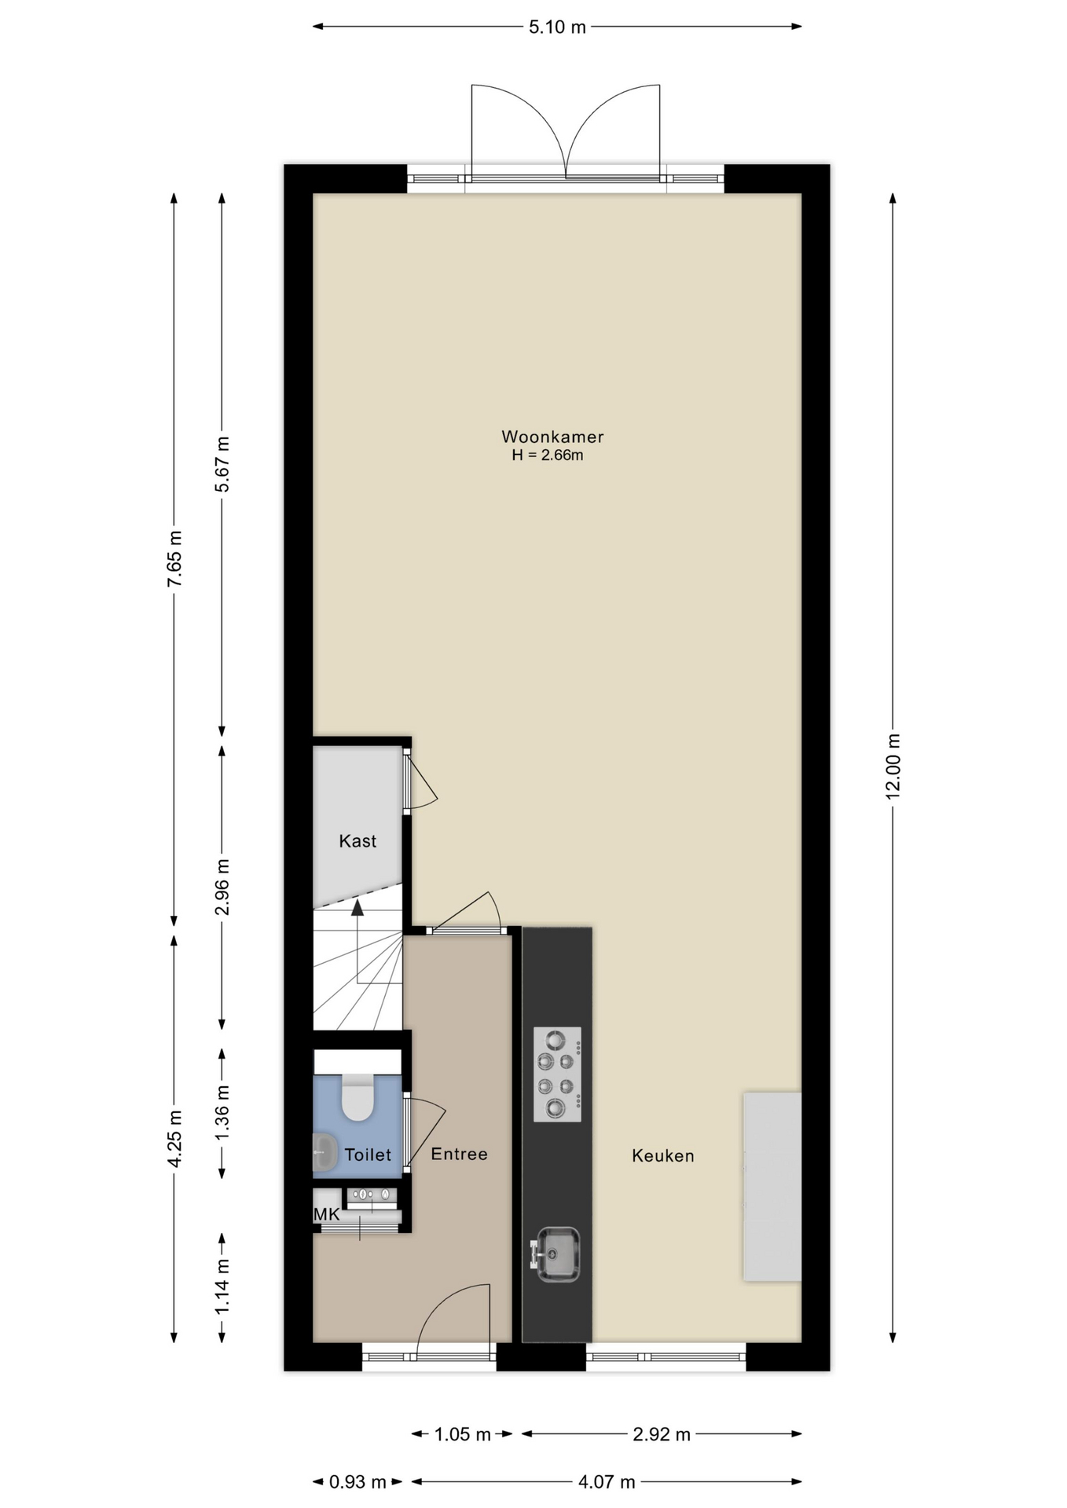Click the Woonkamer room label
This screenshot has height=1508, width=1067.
(552, 437)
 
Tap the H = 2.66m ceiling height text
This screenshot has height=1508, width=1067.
(548, 456)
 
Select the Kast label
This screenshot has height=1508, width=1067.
(357, 841)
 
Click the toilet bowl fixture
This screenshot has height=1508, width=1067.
(357, 1096)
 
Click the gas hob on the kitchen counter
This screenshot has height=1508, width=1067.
(557, 1074)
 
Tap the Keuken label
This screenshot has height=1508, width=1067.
(663, 1156)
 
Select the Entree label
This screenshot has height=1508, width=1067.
(460, 1155)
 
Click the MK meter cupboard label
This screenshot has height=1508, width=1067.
(327, 1215)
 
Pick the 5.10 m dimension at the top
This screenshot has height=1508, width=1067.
(557, 27)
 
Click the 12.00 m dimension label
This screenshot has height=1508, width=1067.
(893, 767)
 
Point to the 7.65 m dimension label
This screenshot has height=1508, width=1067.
(174, 558)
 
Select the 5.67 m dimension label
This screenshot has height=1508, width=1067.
(222, 464)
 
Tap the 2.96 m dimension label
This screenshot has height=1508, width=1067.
(222, 887)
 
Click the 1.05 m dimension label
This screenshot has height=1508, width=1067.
(463, 1435)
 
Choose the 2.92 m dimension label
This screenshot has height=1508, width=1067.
(662, 1435)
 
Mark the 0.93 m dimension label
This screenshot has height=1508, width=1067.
(357, 1482)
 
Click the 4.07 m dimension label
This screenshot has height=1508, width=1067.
(607, 1482)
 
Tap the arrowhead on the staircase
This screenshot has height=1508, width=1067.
(357, 908)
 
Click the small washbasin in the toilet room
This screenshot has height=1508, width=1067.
(324, 1153)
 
